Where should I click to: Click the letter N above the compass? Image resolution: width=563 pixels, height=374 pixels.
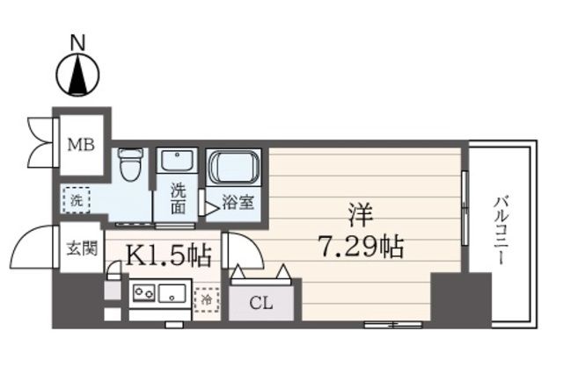click(x=77, y=43)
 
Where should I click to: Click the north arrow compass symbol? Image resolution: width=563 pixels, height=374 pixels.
click(x=78, y=75)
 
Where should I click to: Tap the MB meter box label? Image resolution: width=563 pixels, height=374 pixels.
click(x=82, y=145)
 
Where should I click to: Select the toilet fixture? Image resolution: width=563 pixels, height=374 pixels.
click(x=130, y=164)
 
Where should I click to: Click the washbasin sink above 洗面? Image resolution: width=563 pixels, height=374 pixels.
click(x=177, y=162)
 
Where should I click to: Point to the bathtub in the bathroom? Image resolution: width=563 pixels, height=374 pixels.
click(x=233, y=167)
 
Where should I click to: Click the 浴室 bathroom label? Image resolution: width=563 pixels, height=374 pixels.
click(x=238, y=203)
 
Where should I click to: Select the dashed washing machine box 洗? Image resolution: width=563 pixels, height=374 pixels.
click(x=77, y=200)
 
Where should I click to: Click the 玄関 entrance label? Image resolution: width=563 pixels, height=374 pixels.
click(x=82, y=248)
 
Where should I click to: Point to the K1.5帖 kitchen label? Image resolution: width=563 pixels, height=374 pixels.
click(x=168, y=255)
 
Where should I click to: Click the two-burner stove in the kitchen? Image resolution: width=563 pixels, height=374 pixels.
click(x=143, y=292)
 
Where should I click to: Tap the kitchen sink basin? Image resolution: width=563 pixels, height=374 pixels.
click(x=172, y=292)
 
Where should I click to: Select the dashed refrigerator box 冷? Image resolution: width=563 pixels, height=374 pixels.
click(x=207, y=299)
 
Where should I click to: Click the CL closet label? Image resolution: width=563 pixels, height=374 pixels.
click(x=261, y=304)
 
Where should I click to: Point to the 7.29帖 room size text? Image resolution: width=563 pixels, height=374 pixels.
click(x=362, y=246)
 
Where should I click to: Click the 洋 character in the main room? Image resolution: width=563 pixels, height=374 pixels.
click(x=361, y=215)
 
